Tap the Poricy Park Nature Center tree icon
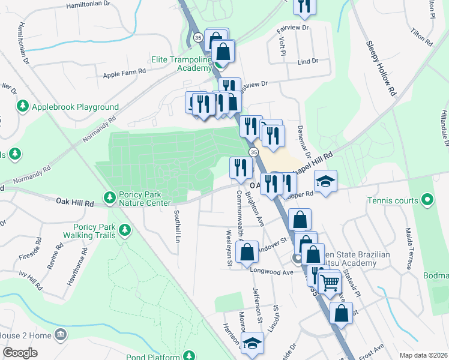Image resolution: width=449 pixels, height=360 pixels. [x=109, y=197]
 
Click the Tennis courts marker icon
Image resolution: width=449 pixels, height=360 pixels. [x=427, y=200]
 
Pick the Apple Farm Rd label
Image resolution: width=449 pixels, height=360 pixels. [x=125, y=71]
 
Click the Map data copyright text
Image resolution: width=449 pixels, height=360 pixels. [x=424, y=355]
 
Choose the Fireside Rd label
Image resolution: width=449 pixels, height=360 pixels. [x=38, y=252]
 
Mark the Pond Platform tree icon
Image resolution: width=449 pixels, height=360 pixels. [x=190, y=356]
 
